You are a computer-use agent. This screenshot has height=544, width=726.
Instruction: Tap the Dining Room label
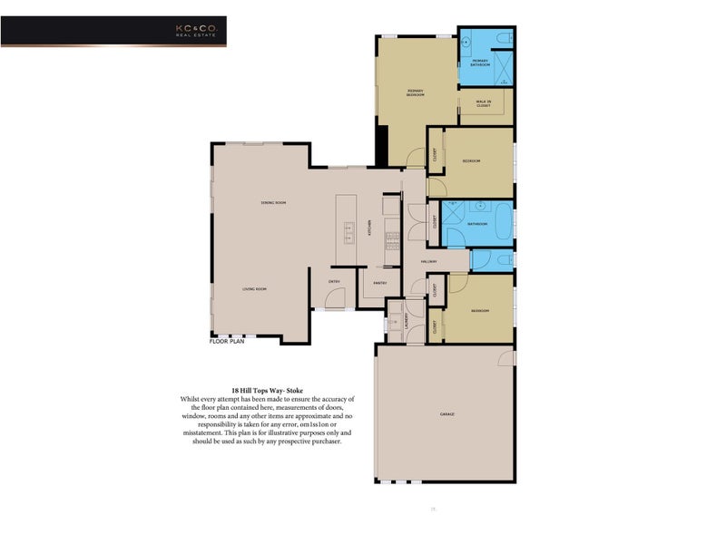coord(273,202)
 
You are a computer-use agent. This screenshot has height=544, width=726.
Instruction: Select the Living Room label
coord(253,289)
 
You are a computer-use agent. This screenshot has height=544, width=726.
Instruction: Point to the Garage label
coord(448,414)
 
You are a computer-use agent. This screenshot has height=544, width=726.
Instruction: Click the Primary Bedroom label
coord(416,92)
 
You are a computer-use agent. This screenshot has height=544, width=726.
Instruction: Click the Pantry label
coord(380,283)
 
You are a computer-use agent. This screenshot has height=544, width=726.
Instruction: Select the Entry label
coord(334,280)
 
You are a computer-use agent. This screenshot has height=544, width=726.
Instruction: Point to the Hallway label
coord(429,262)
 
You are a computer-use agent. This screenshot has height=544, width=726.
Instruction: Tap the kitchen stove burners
coord(393,240)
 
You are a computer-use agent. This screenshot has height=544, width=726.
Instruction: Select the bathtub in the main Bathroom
coord(477,223)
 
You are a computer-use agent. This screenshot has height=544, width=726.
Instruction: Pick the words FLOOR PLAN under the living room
coord(228,343)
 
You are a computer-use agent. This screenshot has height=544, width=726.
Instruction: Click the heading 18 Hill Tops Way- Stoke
coord(267,390)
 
